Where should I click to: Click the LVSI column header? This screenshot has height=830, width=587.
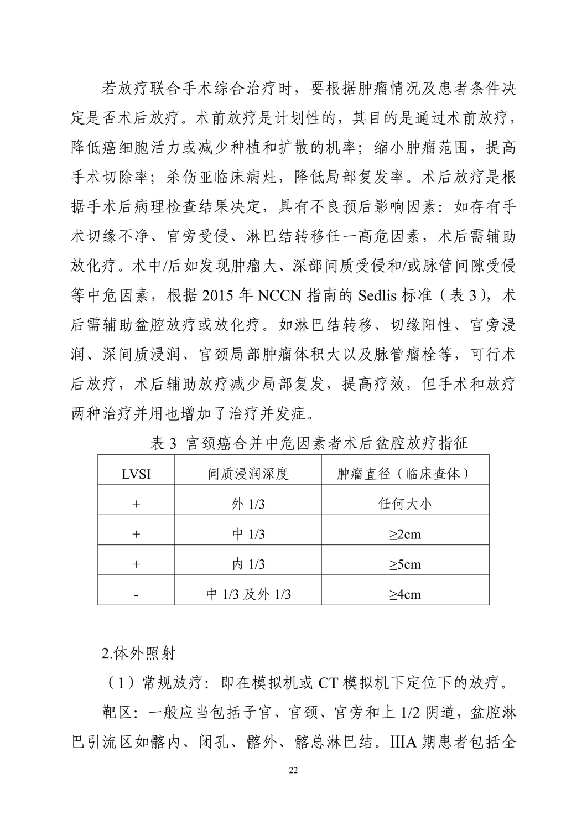coord(136,475)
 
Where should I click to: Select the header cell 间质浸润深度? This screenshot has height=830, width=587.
coord(248,474)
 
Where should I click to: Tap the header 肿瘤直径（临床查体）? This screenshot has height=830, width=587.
coord(405,474)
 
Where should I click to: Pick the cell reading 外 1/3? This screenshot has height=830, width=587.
coord(248,504)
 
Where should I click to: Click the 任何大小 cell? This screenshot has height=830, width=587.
coord(405,504)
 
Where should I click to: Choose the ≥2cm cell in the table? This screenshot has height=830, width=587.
coord(405,534)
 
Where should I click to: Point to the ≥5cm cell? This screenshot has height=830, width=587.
coord(405,564)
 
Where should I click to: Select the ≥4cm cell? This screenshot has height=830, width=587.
coord(405,594)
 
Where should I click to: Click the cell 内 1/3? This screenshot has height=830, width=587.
coord(248,564)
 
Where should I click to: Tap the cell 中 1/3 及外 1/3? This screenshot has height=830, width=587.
coord(248,594)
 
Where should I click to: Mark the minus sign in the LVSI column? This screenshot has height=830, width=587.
coord(136,595)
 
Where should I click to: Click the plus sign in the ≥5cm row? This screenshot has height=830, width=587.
coord(136,564)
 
